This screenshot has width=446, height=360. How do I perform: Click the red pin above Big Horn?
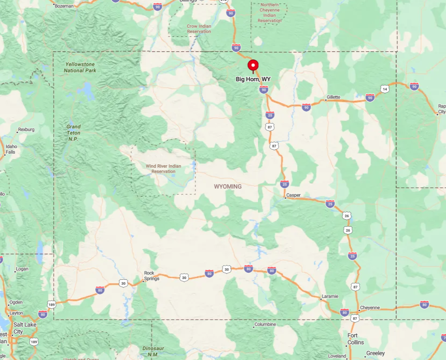click(253, 66)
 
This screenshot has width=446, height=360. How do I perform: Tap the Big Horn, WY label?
click(253, 79)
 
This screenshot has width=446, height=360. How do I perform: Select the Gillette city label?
click(334, 97)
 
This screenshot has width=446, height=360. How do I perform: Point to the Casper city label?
click(293, 195)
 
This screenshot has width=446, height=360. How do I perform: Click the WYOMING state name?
click(228, 187)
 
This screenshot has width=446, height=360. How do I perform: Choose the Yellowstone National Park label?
click(80, 67)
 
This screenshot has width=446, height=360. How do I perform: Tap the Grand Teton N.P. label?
click(74, 132)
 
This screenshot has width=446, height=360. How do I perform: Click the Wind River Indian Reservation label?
click(163, 169)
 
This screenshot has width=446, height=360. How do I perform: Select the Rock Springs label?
click(151, 276)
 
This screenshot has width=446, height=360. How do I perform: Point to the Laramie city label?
click(330, 296)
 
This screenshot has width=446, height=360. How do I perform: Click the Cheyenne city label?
click(370, 307)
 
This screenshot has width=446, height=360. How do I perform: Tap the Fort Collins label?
click(355, 339)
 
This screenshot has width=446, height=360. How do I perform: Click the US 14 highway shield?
click(385, 89)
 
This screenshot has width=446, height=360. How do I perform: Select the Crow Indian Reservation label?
click(199, 29)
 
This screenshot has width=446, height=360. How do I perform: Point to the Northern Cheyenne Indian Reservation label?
click(269, 13)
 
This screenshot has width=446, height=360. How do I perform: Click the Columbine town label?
click(265, 325)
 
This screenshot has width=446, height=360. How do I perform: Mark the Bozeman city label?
click(64, 6)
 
